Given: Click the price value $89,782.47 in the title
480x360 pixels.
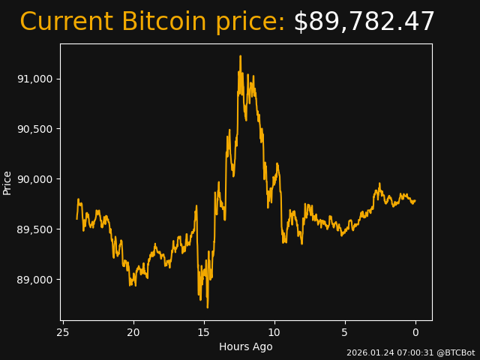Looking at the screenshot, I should point(364,22).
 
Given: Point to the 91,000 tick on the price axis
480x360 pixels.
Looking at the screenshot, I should point(34,79).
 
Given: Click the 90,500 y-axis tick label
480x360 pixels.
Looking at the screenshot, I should point(34,129).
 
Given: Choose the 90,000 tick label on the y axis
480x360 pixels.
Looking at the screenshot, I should point(34,179).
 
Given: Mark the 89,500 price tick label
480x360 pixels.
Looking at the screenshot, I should point(34,229).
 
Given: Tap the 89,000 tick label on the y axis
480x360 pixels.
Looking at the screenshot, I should point(34,280).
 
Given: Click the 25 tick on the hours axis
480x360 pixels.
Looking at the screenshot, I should point(63,333).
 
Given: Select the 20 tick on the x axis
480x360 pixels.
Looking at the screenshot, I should point(133,333).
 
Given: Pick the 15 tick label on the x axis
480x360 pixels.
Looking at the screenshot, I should point(204,333).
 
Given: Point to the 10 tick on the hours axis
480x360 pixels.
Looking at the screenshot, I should point(274,333).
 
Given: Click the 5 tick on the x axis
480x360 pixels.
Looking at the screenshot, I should point(345,333).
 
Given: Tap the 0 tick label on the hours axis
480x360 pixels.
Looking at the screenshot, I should point(415,333).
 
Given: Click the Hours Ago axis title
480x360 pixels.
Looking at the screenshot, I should point(246,346).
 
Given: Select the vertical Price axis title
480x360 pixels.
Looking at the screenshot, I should point(7,182).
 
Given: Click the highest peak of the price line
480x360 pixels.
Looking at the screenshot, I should point(241,55).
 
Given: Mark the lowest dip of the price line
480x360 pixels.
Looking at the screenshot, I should point(208,307).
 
